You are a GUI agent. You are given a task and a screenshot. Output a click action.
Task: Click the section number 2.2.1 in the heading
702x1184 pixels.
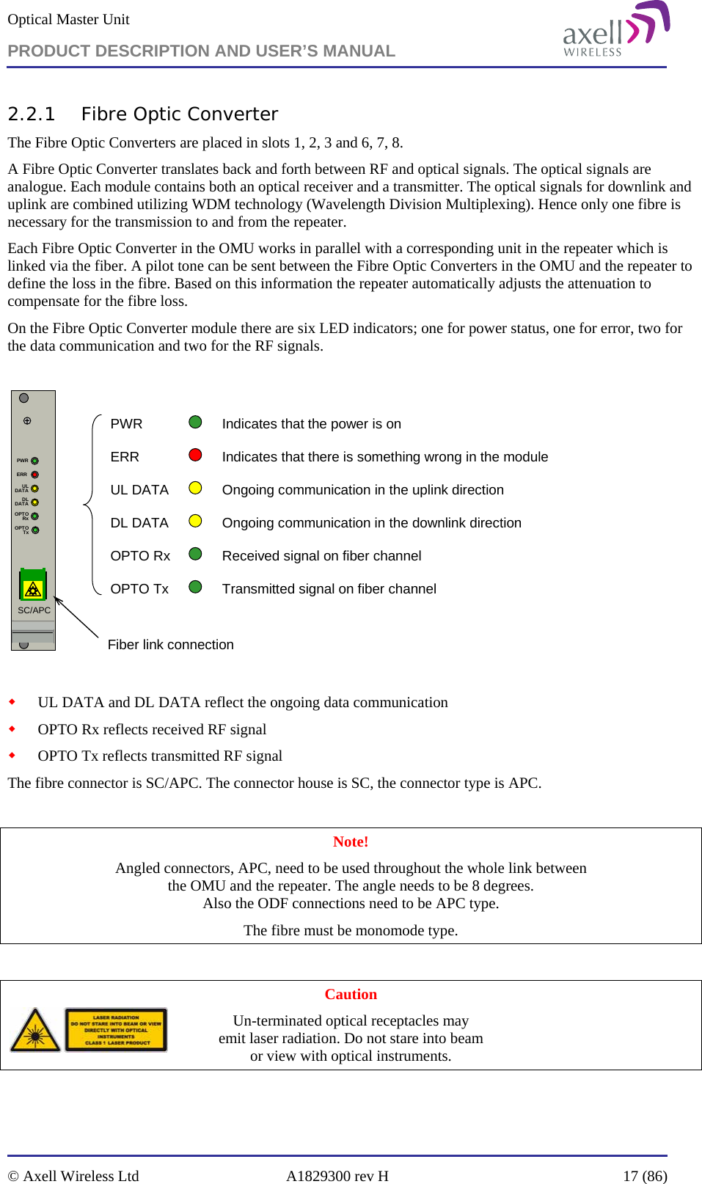pyautogui.click(x=32, y=114)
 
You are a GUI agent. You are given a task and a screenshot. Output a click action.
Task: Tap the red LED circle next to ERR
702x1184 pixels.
pyautogui.click(x=195, y=455)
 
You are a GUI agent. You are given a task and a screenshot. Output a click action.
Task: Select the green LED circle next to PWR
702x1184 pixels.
pyautogui.click(x=195, y=422)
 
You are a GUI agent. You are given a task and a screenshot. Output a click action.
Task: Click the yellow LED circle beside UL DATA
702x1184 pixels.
pyautogui.click(x=195, y=488)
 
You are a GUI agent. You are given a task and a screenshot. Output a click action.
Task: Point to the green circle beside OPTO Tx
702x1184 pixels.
pyautogui.click(x=195, y=587)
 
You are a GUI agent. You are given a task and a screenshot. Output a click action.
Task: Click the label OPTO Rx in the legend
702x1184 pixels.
pyautogui.click(x=140, y=556)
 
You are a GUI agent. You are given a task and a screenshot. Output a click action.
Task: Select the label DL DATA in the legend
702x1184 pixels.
pyautogui.click(x=139, y=523)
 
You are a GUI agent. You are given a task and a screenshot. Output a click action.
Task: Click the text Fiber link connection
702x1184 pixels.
pyautogui.click(x=170, y=645)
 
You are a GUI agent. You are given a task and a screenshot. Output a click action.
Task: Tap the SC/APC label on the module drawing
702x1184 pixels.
pyautogui.click(x=34, y=610)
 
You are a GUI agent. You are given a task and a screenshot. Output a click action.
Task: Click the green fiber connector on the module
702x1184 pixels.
pyautogui.click(x=32, y=585)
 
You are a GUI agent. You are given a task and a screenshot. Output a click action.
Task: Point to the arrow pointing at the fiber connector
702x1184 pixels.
pyautogui.click(x=76, y=618)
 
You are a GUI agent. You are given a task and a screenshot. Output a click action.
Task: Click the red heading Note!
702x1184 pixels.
pyautogui.click(x=351, y=842)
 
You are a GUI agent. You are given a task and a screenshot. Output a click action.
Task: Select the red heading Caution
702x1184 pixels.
pyautogui.click(x=351, y=995)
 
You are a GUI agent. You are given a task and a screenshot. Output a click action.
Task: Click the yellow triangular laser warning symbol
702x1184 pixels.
pyautogui.click(x=35, y=1031)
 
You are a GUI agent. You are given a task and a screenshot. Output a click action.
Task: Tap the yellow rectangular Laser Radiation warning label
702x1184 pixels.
pyautogui.click(x=117, y=1030)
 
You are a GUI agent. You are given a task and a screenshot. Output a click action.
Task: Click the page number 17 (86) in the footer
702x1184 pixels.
pyautogui.click(x=645, y=1176)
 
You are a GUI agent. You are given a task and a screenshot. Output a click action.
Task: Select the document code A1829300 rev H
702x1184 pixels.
pyautogui.click(x=337, y=1176)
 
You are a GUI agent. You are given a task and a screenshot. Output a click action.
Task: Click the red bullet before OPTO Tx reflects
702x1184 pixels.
pyautogui.click(x=12, y=755)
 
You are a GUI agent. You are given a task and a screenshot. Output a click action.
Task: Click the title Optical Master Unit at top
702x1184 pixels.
pyautogui.click(x=68, y=20)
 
